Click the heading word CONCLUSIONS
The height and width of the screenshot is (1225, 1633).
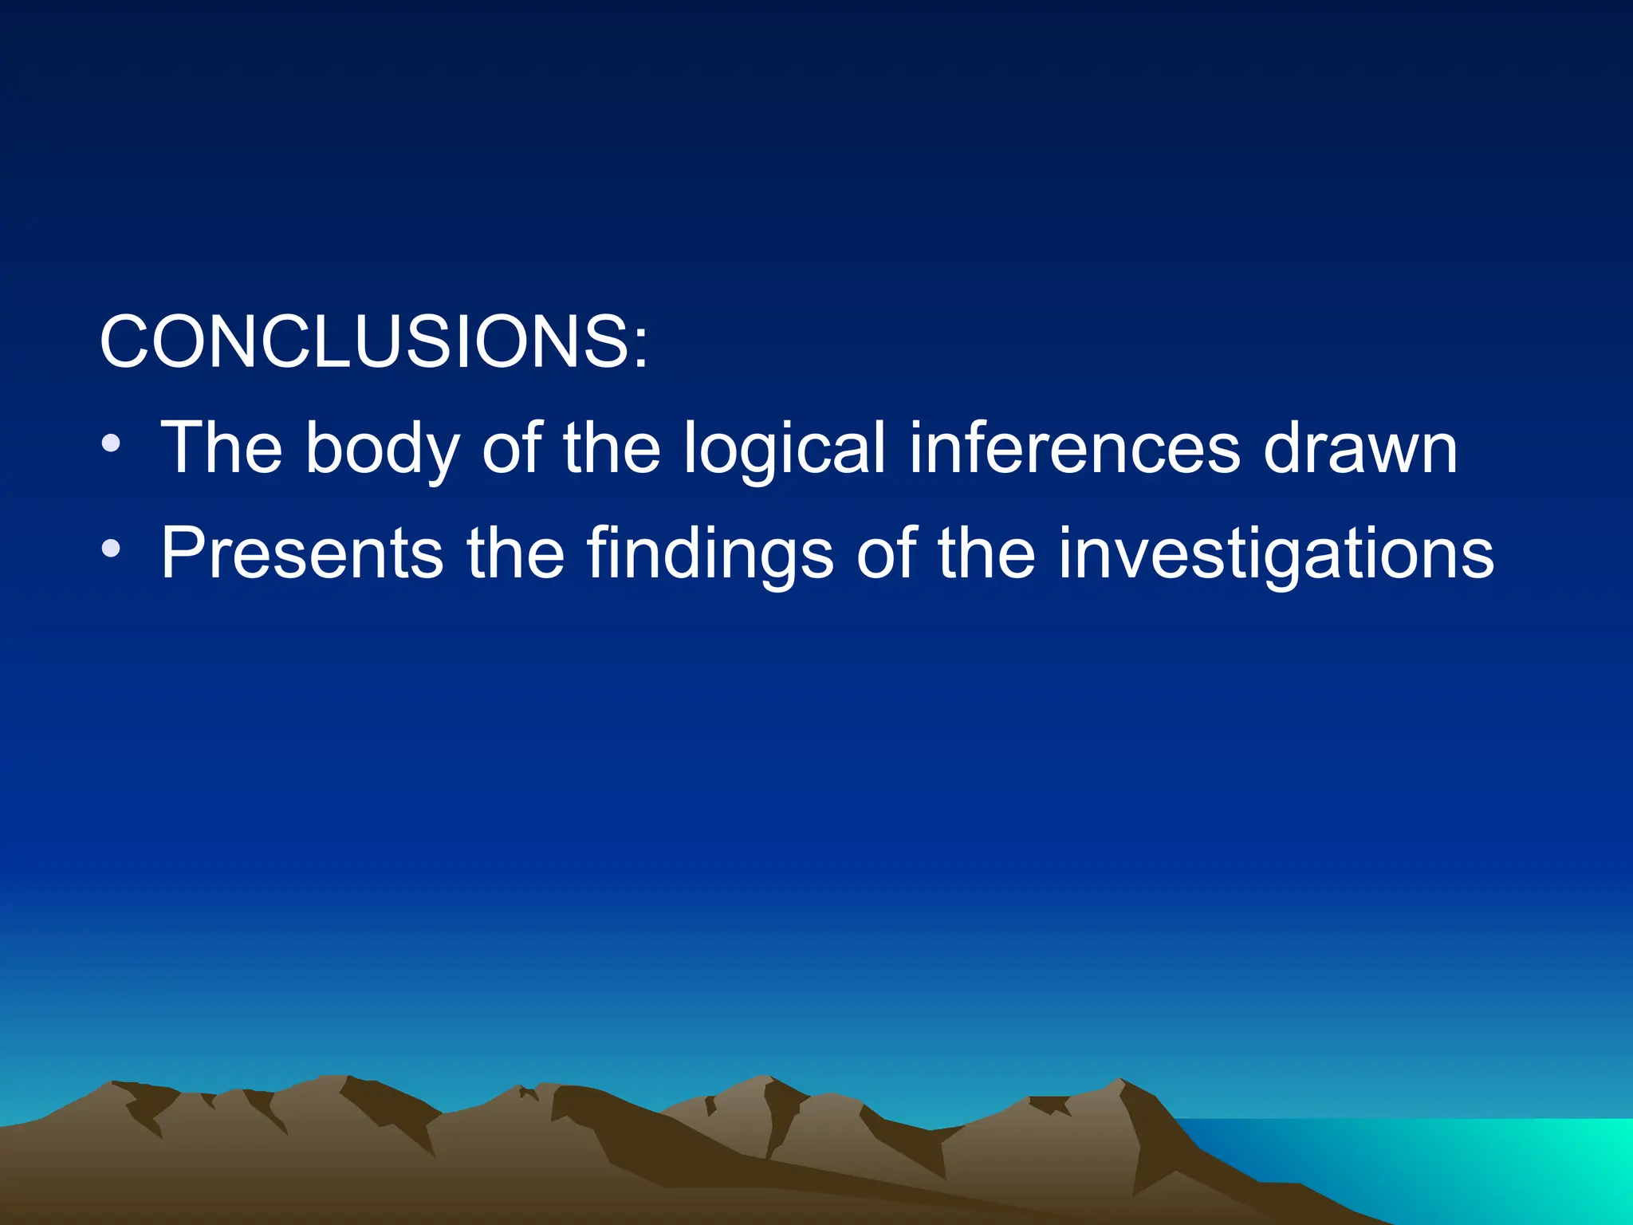(364, 341)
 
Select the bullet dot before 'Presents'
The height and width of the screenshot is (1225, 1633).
(111, 548)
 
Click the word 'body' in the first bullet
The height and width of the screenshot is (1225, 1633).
(382, 449)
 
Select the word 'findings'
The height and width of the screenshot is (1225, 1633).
(710, 553)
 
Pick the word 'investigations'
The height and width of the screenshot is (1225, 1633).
(1276, 553)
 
